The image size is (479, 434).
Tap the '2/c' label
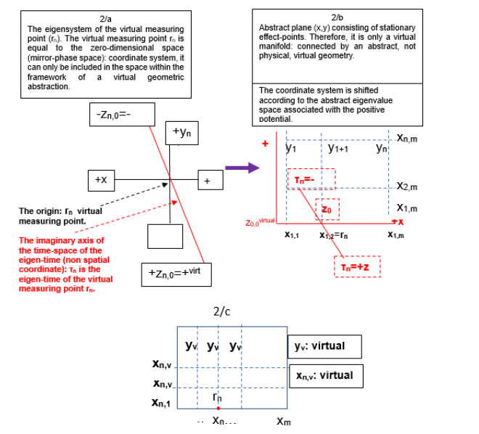click(221, 312)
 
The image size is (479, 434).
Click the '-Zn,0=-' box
click(121, 113)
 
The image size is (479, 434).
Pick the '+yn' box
click(183, 132)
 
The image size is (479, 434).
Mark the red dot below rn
click(218, 409)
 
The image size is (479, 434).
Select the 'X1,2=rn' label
click(334, 235)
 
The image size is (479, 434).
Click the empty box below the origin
click(165, 235)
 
